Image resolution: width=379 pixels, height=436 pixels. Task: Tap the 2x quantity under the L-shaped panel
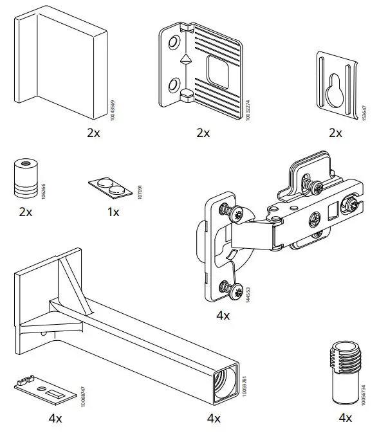(x=94, y=133)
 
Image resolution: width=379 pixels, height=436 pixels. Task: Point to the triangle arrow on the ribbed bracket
(x=185, y=59)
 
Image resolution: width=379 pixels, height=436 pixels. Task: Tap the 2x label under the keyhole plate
(x=335, y=133)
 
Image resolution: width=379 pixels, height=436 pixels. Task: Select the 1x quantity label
(x=113, y=212)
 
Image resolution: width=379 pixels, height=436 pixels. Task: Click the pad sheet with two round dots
(x=110, y=187)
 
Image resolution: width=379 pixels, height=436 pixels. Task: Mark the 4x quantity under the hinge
(x=223, y=316)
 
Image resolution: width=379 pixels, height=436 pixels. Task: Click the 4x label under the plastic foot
(x=345, y=418)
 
